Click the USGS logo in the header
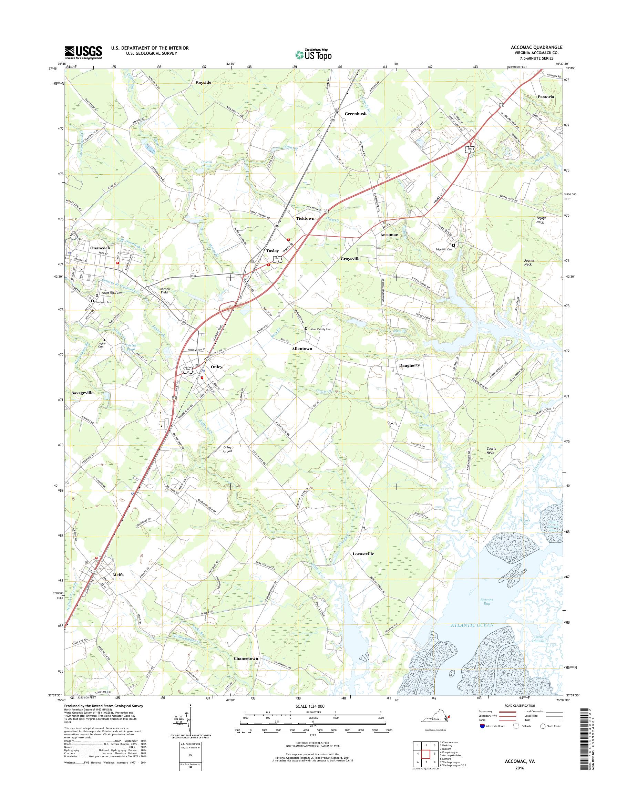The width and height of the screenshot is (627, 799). coord(83,52)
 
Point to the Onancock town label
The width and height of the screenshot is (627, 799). coord(100,248)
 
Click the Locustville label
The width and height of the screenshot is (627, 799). coord(363,564)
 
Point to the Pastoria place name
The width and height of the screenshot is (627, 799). coord(545,97)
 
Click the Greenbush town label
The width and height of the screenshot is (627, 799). coord(355,114)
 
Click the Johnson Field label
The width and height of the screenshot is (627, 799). coord(163,291)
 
